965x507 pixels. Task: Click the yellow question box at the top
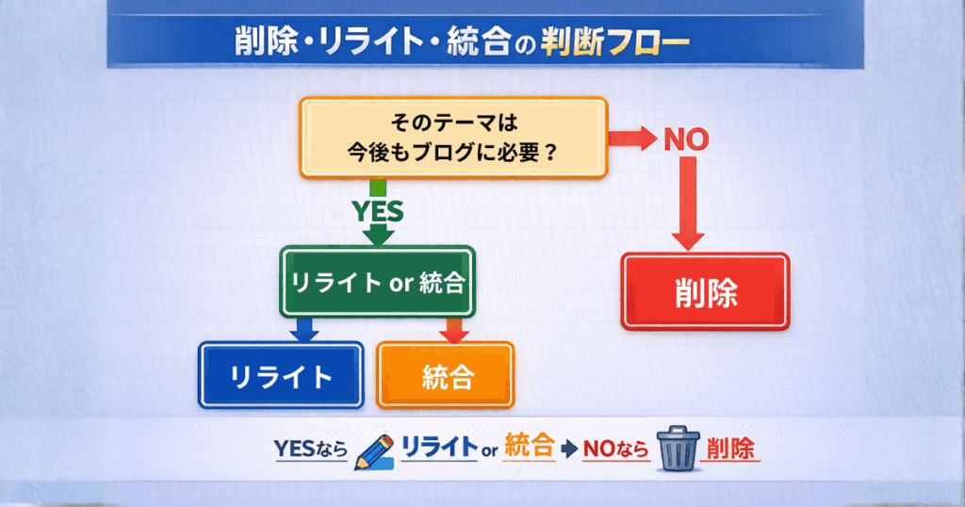tap(453, 139)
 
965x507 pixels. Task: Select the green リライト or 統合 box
tap(377, 283)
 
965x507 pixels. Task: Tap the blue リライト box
tap(281, 375)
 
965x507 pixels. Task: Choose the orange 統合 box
tap(446, 375)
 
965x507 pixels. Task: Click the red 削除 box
tap(705, 291)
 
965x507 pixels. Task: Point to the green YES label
tap(378, 211)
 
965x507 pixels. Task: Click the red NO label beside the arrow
tap(686, 139)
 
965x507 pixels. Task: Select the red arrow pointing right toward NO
tap(632, 139)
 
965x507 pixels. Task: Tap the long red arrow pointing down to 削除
tap(688, 203)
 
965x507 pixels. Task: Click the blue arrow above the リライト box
tap(304, 330)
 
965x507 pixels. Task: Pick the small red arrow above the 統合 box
tap(454, 331)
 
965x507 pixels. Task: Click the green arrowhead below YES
tap(378, 235)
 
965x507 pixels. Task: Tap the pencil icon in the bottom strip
tap(373, 452)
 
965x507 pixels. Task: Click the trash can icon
tap(679, 449)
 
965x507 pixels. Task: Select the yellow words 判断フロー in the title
tap(614, 42)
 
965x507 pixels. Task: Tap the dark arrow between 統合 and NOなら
tap(569, 449)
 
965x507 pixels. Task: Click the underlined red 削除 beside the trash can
tap(730, 450)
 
